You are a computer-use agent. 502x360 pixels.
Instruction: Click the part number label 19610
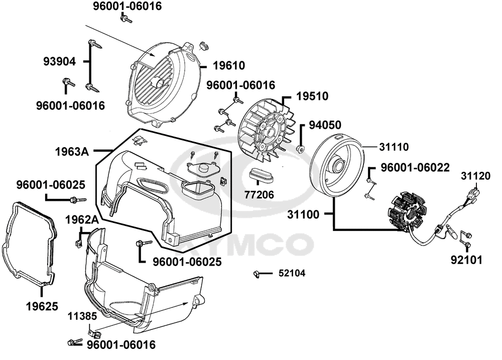[x=228, y=66]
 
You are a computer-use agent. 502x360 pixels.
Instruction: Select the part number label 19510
[x=311, y=96]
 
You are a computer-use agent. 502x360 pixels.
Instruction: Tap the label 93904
[x=59, y=62]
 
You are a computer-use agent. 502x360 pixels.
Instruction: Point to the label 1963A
[x=72, y=150]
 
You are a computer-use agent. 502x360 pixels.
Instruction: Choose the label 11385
[x=79, y=316]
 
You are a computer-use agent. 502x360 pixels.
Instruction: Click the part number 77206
[x=260, y=193]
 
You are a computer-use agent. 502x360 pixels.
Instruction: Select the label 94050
[x=325, y=124]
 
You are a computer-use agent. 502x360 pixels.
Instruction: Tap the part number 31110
[x=395, y=147]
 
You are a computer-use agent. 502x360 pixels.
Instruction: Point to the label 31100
[x=303, y=214]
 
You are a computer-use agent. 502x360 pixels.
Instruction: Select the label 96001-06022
[x=415, y=167]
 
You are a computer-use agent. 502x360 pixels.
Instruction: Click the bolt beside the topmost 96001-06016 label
[x=125, y=20]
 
